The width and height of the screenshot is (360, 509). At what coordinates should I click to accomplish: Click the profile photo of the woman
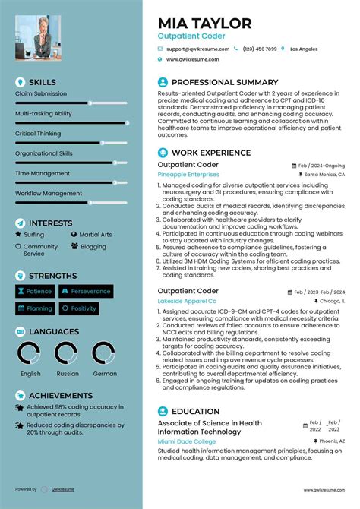[x=38, y=38]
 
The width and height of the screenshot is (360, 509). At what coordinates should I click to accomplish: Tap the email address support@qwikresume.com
[x=197, y=49]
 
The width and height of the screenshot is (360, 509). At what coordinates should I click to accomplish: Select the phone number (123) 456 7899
[x=260, y=49]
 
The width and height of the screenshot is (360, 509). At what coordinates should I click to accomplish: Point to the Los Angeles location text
[x=304, y=49]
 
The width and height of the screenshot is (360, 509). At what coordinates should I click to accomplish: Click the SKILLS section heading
[x=42, y=82]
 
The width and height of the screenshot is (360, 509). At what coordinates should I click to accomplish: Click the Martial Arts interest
[x=95, y=235]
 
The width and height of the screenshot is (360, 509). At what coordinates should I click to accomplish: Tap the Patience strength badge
[x=34, y=291]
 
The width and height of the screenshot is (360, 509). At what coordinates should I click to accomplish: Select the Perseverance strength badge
[x=87, y=291]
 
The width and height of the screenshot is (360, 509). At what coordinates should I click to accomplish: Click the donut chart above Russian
[x=68, y=353]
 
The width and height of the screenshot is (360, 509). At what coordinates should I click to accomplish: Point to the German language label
[x=104, y=374]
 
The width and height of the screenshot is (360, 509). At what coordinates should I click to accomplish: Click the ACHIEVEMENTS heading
[x=60, y=396]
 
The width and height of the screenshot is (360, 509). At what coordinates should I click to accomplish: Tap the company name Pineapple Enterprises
[x=188, y=174]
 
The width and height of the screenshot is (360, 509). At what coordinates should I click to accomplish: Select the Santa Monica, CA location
[x=324, y=174]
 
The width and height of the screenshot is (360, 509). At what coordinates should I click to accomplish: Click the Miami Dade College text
[x=187, y=441]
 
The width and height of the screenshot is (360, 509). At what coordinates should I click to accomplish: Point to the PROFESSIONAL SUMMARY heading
[x=225, y=82]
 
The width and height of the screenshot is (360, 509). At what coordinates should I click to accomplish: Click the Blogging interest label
[x=93, y=246]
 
